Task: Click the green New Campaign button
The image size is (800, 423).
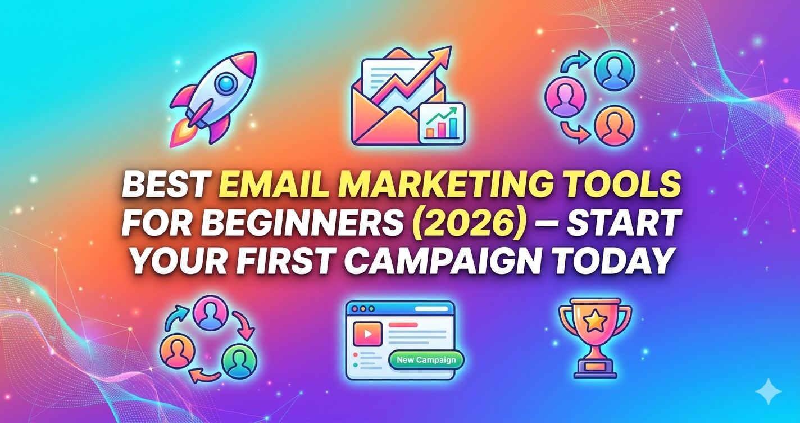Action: tap(426, 360)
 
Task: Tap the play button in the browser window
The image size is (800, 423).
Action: tap(368, 334)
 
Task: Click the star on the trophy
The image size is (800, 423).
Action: tap(594, 322)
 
